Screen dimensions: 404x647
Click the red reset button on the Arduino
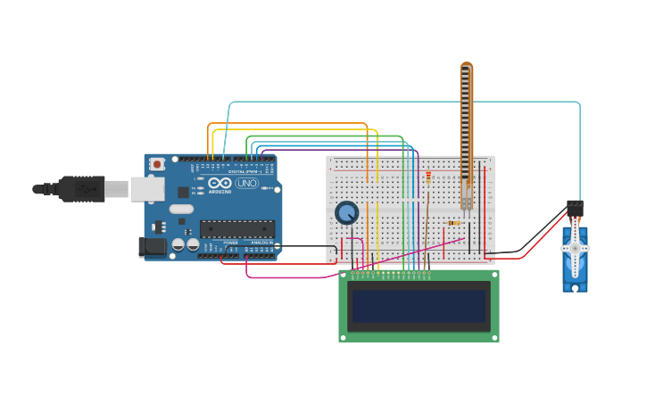(x=157, y=164)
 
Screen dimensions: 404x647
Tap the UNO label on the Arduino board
(x=246, y=184)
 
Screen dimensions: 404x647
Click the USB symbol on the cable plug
(x=87, y=189)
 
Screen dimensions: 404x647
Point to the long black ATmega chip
(x=236, y=229)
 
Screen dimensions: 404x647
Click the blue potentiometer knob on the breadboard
(x=346, y=212)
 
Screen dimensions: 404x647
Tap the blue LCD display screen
(x=419, y=305)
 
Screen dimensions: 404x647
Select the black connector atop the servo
(x=575, y=209)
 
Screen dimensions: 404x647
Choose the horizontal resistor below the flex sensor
(x=454, y=223)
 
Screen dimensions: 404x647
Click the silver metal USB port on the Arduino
(x=147, y=189)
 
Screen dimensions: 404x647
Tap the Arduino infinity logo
(x=220, y=184)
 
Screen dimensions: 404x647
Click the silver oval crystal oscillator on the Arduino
(x=180, y=210)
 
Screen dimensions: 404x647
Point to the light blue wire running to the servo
(x=402, y=103)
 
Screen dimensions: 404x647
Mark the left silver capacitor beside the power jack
(x=178, y=244)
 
